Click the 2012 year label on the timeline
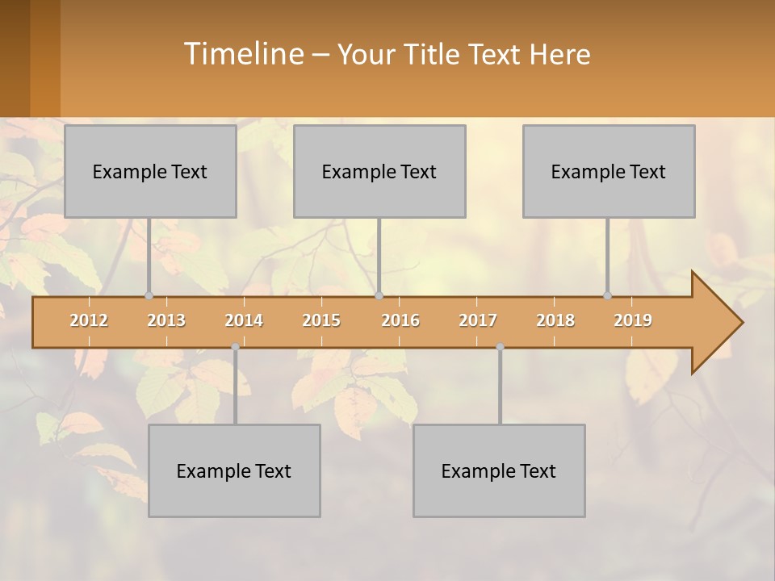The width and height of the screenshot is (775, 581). (x=89, y=320)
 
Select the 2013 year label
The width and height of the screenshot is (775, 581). (x=166, y=320)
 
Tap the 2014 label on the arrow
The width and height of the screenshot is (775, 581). (x=244, y=320)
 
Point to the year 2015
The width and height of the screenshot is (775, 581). (x=321, y=320)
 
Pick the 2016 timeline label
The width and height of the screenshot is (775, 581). (x=400, y=320)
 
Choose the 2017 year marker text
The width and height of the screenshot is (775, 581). (x=478, y=320)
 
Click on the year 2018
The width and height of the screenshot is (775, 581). (x=555, y=320)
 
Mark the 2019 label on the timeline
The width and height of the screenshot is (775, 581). (x=633, y=320)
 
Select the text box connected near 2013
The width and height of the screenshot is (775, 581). (x=150, y=171)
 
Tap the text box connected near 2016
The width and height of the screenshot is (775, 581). (x=379, y=171)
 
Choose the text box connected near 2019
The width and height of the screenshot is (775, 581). (x=609, y=171)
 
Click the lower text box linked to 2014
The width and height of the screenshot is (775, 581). (x=234, y=470)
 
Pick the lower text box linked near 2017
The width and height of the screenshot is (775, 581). (x=499, y=470)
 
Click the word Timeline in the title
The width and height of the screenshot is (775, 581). (x=242, y=54)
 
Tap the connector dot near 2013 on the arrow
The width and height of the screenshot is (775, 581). (x=149, y=296)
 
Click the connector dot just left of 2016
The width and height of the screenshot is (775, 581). (x=379, y=296)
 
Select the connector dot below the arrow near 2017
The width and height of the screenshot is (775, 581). (x=500, y=347)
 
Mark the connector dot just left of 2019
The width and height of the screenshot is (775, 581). (x=607, y=296)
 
